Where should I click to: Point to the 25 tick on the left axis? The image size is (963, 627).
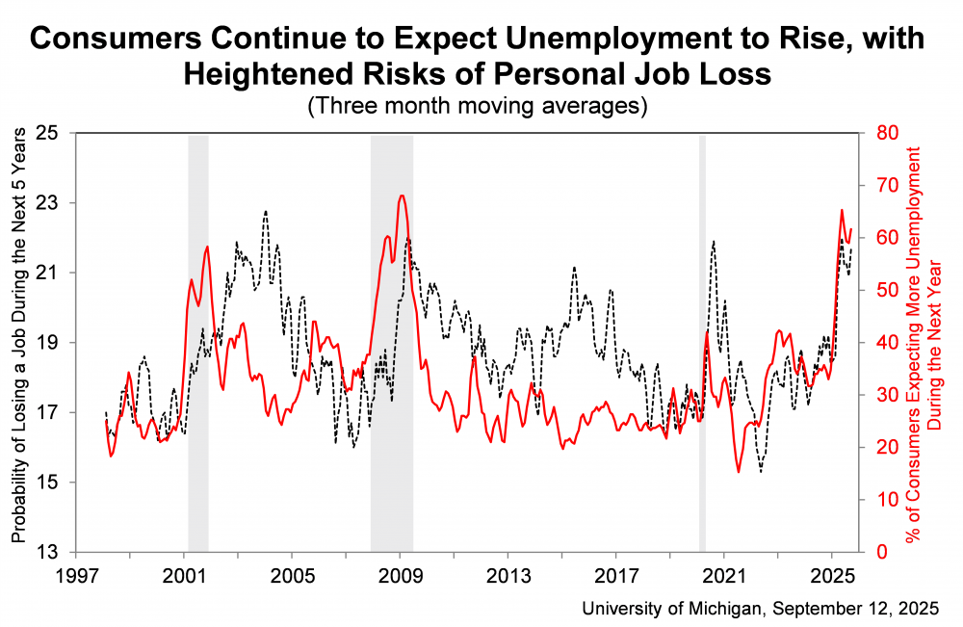point(46,133)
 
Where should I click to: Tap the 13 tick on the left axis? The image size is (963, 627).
point(46,552)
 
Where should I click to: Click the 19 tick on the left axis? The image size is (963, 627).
point(46,342)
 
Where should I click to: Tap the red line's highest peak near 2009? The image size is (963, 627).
point(402,196)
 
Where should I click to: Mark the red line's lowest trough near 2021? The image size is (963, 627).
point(739,472)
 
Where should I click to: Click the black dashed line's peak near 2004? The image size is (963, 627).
point(265,211)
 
